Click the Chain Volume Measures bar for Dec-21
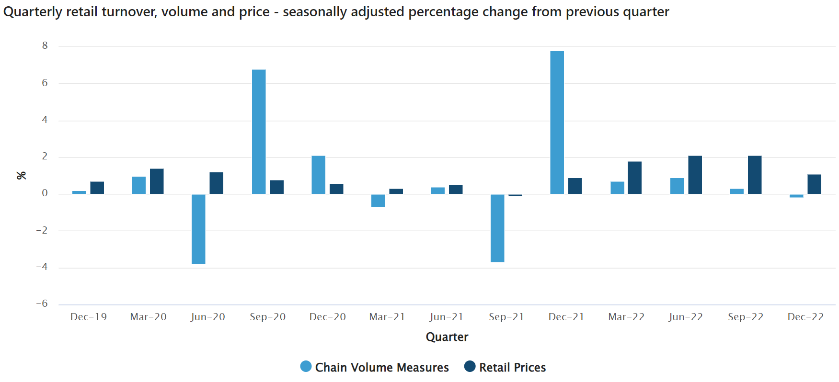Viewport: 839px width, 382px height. tap(557, 123)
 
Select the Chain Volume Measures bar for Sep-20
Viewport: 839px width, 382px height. tap(259, 132)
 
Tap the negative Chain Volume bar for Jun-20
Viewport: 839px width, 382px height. tap(198, 229)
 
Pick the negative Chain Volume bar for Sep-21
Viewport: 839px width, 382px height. tap(497, 228)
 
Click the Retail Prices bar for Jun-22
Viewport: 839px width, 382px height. tap(695, 175)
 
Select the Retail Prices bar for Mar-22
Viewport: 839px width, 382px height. tap(634, 178)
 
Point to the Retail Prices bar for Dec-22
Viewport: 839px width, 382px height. tap(814, 184)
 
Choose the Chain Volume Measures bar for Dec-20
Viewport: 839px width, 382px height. tap(318, 175)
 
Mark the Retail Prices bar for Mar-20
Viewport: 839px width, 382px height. tap(157, 181)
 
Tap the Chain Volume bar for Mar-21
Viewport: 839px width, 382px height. tap(378, 201)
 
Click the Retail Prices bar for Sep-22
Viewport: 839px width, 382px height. tap(755, 175)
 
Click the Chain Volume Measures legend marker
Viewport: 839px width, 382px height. tap(306, 367)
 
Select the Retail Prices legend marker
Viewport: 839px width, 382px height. tap(470, 367)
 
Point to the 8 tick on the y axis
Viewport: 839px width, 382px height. tap(45, 46)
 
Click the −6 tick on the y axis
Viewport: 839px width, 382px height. tap(42, 304)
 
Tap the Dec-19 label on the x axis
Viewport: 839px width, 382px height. tap(89, 317)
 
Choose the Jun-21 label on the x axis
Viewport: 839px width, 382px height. tap(447, 317)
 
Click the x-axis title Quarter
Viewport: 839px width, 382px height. tap(447, 337)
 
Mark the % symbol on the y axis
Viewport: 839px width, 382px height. tap(22, 175)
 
